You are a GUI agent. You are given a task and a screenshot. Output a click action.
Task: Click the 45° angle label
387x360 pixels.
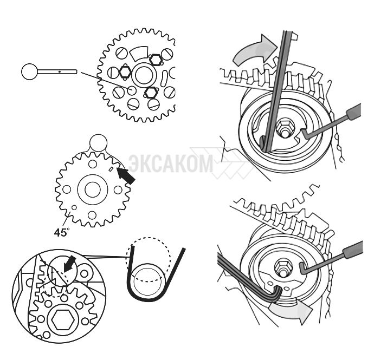tap(62, 232)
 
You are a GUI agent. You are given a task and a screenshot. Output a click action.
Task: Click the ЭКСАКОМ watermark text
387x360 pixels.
tap(171, 163)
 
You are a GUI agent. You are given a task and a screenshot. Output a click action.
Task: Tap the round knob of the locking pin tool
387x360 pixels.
tap(29, 71)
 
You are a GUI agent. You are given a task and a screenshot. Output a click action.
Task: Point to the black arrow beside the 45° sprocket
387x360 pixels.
tap(126, 175)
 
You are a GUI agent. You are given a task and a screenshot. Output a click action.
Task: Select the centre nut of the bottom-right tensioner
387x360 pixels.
tap(283, 267)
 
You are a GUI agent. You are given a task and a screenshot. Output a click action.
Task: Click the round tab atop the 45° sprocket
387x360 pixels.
tap(98, 143)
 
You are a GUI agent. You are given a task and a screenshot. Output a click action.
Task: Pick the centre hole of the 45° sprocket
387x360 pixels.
tap(93, 189)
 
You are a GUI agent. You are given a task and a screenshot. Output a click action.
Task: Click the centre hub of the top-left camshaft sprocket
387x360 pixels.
tap(144, 75)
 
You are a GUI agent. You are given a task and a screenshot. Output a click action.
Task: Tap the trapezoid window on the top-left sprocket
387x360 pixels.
tap(139, 53)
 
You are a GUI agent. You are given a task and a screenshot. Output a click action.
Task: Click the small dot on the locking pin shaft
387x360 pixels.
tap(60, 72)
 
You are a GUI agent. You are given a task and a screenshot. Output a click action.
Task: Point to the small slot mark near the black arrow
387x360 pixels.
tap(111, 169)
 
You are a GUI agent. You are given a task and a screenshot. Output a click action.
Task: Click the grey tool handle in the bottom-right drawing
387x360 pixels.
tap(353, 250)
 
